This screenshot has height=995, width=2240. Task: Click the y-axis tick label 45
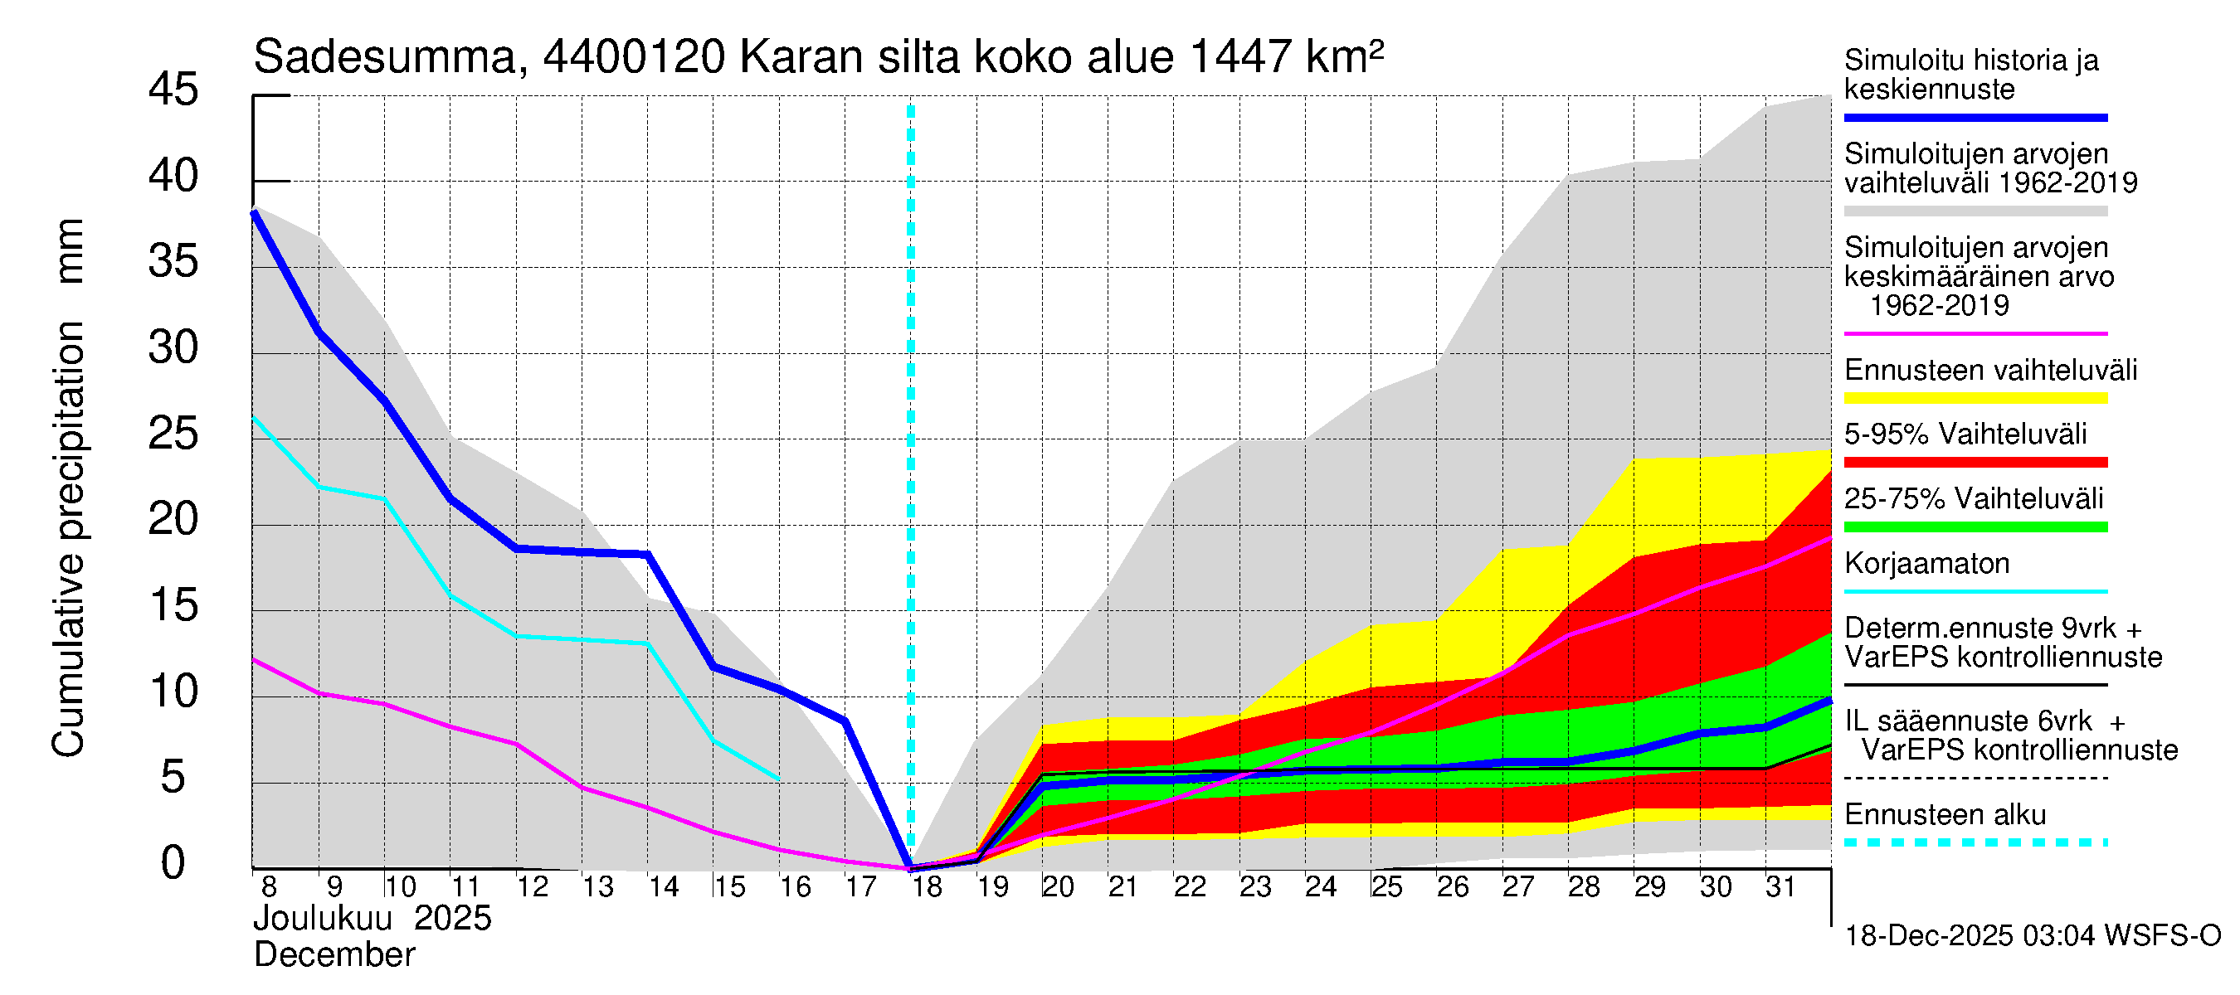coord(173,90)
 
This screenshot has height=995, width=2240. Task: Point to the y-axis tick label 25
coord(173,434)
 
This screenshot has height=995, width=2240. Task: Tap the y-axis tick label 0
coord(173,863)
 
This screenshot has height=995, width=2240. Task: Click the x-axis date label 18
coord(927,887)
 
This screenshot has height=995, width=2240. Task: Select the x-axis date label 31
coord(1780,887)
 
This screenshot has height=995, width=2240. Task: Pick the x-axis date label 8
coord(269,887)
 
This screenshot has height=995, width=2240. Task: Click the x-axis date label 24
coord(1320,887)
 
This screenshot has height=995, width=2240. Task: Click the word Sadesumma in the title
coord(385,58)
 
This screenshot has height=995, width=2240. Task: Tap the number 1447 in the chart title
coord(1240,58)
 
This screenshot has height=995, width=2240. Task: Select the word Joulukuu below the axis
coord(323,919)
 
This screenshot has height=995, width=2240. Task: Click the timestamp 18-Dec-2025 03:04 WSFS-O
coord(2032,936)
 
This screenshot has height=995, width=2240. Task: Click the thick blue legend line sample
coord(1975,117)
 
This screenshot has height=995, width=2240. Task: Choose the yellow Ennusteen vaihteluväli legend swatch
coord(1975,399)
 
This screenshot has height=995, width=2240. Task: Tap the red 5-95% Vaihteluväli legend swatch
coord(1975,464)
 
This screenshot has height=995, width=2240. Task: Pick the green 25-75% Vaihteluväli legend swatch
coord(1975,527)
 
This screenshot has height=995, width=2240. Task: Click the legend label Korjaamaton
coord(1926,564)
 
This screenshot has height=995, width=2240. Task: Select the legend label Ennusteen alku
coord(1945,815)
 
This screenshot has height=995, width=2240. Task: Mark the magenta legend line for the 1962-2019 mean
coord(1975,333)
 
